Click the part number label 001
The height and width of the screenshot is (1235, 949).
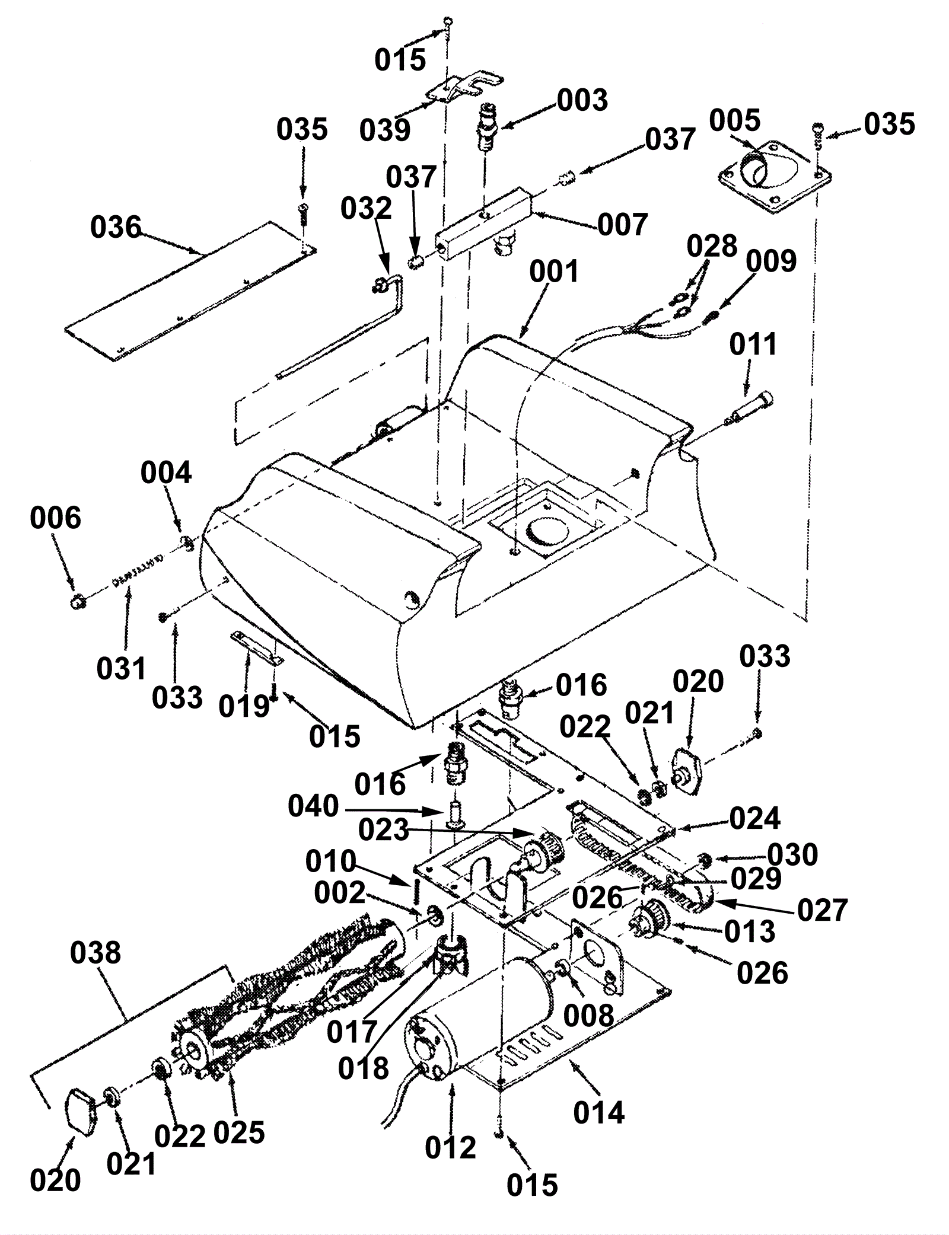click(x=554, y=272)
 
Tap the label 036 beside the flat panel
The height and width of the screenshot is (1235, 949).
click(x=116, y=227)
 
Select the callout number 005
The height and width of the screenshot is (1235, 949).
click(x=735, y=121)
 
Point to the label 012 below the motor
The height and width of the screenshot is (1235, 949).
click(x=450, y=1164)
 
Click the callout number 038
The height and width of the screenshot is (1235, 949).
click(x=95, y=952)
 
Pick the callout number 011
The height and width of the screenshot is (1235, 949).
click(x=753, y=344)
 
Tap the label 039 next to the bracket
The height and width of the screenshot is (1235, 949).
click(x=386, y=130)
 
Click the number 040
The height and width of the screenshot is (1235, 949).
click(x=313, y=806)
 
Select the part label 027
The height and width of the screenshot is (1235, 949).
click(x=823, y=910)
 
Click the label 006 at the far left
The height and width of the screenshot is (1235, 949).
click(x=55, y=518)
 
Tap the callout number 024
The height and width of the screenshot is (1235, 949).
click(x=754, y=818)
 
